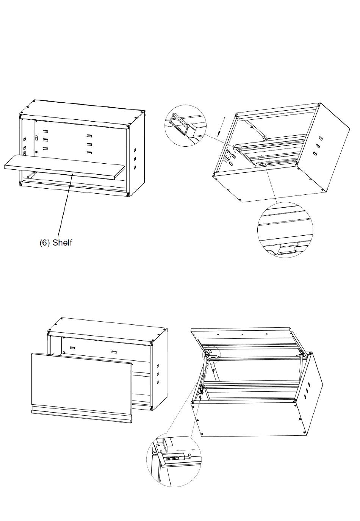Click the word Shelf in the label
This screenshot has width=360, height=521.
point(62,243)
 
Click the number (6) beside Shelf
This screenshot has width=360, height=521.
point(44,243)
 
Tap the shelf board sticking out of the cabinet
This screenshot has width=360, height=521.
point(65,167)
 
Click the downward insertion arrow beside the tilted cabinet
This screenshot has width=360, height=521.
point(221,127)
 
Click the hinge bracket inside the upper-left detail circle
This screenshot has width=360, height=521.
point(179,125)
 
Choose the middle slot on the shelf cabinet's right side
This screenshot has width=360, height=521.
point(135,159)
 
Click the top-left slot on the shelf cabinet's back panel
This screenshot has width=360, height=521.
point(45,131)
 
